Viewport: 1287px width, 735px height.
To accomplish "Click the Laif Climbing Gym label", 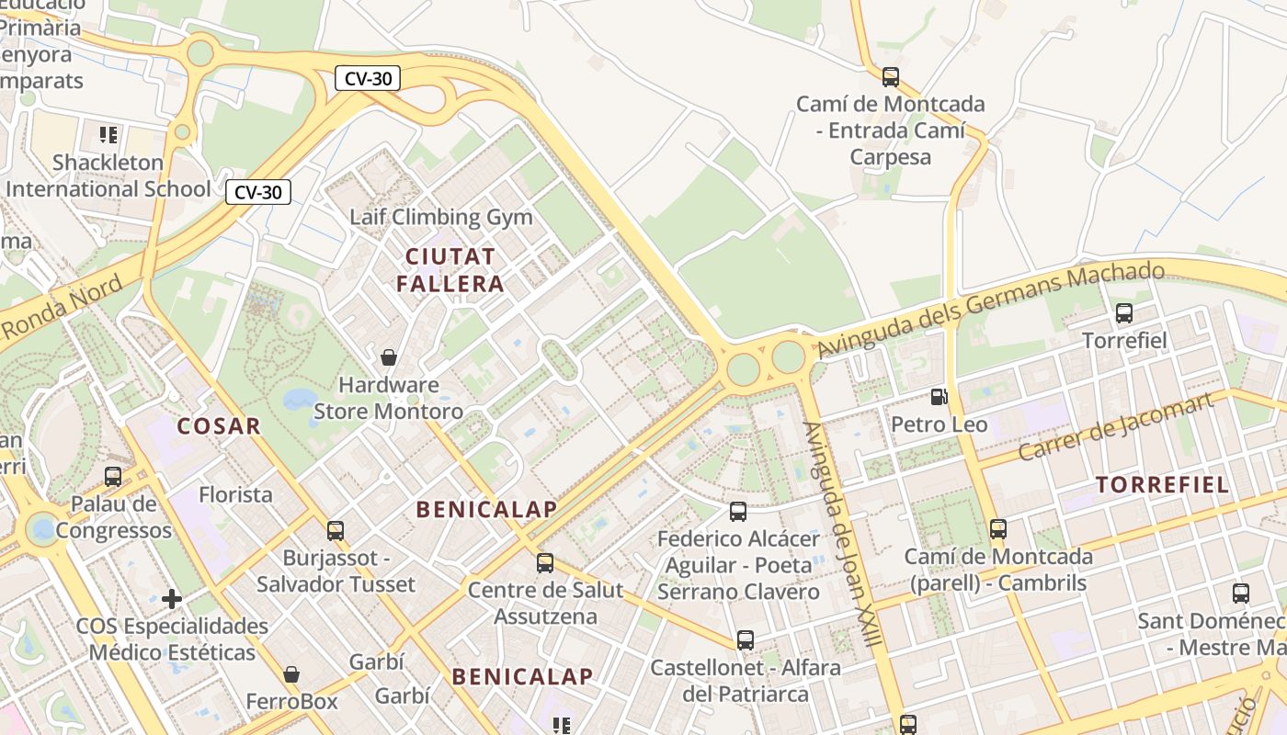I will coord(441,218).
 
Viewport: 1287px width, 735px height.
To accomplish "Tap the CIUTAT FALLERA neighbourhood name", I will coord(450,269).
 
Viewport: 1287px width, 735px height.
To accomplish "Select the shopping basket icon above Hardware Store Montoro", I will coord(389,356).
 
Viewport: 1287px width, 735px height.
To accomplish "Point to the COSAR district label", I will coord(219,426).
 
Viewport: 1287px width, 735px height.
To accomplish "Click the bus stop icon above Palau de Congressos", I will coord(113,477).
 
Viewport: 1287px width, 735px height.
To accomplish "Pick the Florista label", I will coord(236,495).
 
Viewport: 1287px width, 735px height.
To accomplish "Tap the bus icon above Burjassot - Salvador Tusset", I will coord(336,530).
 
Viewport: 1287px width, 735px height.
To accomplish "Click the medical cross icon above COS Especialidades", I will coord(172,600).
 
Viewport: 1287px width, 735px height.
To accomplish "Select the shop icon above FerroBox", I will coord(291,675).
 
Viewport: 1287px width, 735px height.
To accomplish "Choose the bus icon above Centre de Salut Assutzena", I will coord(545,562).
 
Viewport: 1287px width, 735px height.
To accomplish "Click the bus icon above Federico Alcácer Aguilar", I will coord(738,512).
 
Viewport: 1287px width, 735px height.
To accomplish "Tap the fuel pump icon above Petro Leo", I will coord(939,397).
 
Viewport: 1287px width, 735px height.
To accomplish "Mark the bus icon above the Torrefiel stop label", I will coord(1124,313).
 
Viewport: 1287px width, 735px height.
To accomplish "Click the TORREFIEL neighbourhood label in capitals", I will coord(1163,485).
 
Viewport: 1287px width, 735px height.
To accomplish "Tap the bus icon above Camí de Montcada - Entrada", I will coord(890,77).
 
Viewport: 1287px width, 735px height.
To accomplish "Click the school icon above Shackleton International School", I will coord(108,135).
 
